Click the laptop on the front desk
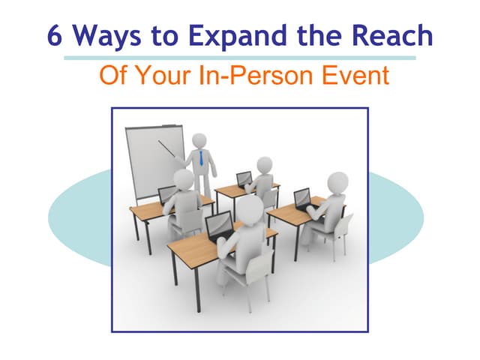coord(219,225)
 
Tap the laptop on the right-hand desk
coord(302,198)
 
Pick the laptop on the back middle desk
coord(244,179)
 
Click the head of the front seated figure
coord(250,209)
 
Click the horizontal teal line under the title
coord(240,57)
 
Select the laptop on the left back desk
coord(167,194)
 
